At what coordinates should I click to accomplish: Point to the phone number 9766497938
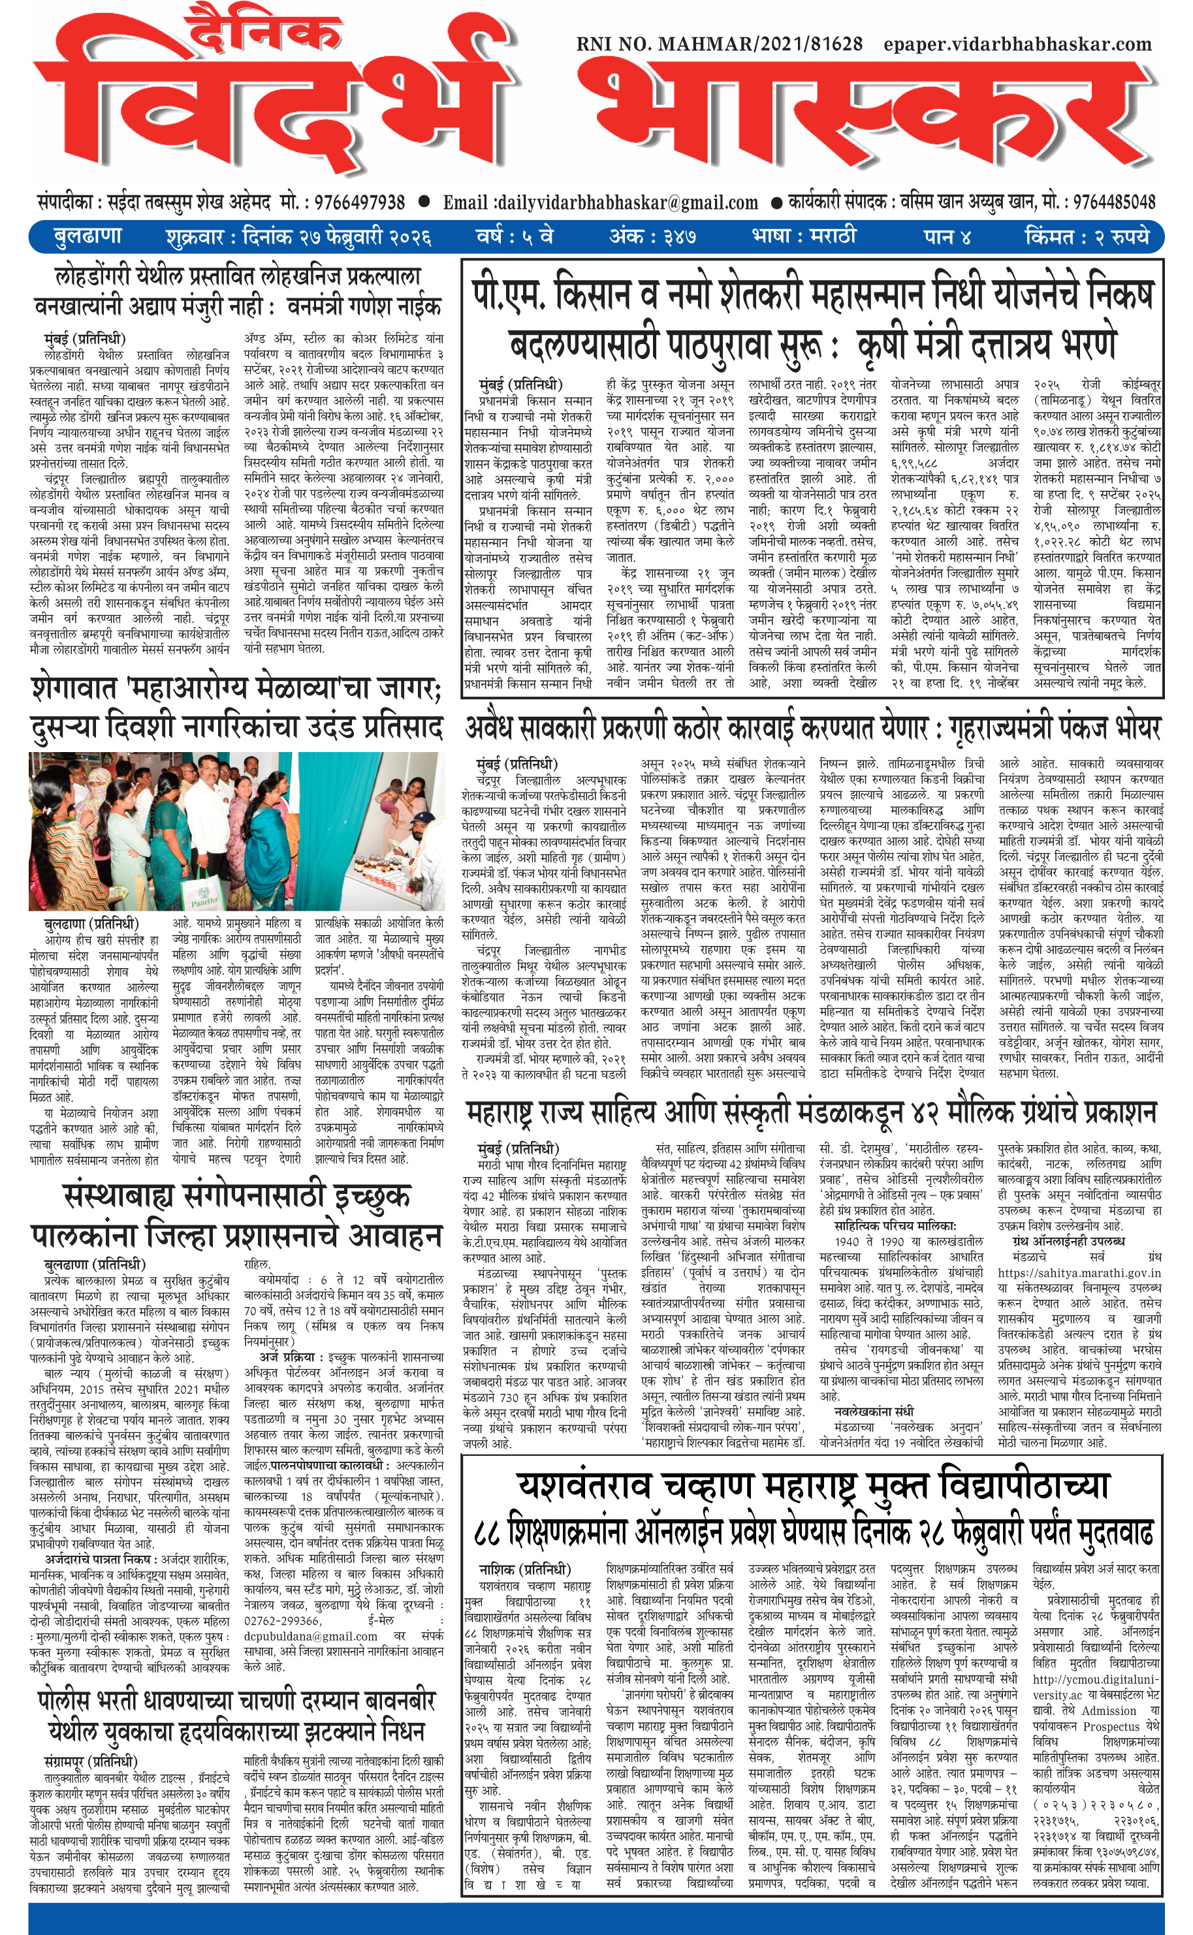click(360, 203)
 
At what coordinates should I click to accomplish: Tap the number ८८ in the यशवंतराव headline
click(488, 1532)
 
